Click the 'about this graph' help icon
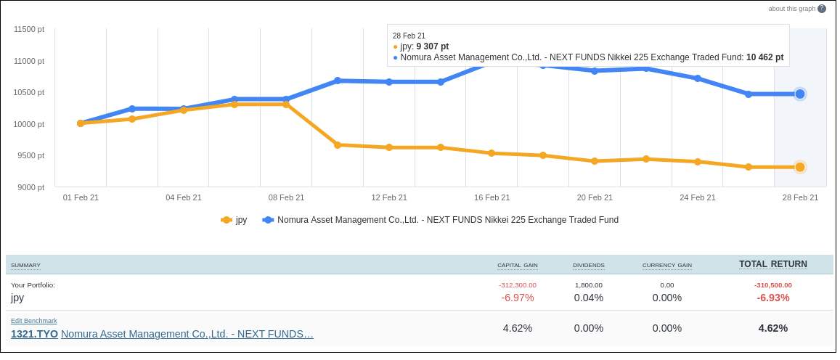point(822,9)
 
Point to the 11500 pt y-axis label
point(29,29)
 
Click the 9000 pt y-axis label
point(31,187)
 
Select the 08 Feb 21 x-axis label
point(286,197)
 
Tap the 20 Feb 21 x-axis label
point(595,197)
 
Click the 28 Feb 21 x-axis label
point(800,197)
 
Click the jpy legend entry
point(235,220)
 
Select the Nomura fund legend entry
point(441,220)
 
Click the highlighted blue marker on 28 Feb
point(800,94)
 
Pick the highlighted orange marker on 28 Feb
point(800,167)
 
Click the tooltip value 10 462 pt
point(764,57)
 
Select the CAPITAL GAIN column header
point(517,266)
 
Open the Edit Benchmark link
point(34,321)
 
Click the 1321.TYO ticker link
point(34,334)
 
